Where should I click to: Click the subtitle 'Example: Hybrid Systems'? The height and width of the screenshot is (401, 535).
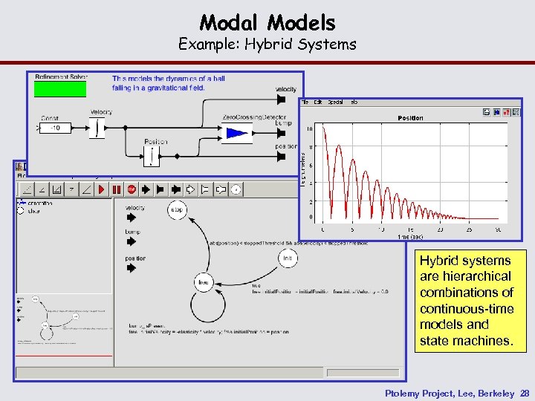coord(267,45)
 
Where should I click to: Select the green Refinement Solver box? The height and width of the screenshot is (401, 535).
coord(60,88)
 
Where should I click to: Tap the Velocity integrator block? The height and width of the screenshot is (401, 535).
coord(98,128)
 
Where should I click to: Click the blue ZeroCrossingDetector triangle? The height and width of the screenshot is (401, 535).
coord(237,134)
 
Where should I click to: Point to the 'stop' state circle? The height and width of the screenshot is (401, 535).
coord(177,209)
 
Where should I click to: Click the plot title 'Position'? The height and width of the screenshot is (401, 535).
coord(410,118)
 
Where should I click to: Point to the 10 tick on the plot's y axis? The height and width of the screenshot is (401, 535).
coord(310,129)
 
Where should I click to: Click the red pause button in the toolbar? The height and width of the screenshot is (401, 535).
coord(117,189)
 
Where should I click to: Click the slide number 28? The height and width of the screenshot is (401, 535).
coord(525,392)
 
